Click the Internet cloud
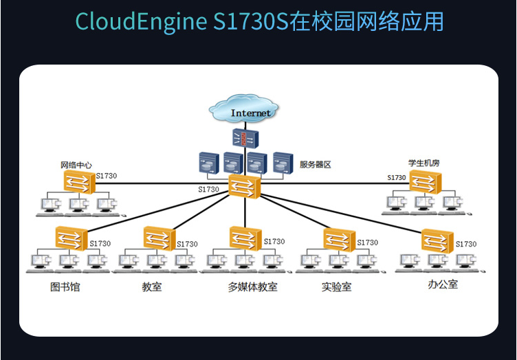(247, 111)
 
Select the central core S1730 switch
(245, 185)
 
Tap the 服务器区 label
(316, 165)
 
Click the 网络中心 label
(76, 165)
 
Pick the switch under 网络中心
(78, 183)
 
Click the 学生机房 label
(423, 163)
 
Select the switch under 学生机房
(425, 182)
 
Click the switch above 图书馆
(71, 238)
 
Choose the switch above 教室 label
(159, 238)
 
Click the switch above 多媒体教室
(245, 238)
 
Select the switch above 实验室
(340, 238)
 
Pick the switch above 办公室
(437, 240)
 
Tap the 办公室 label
(442, 284)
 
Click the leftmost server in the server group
(208, 163)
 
